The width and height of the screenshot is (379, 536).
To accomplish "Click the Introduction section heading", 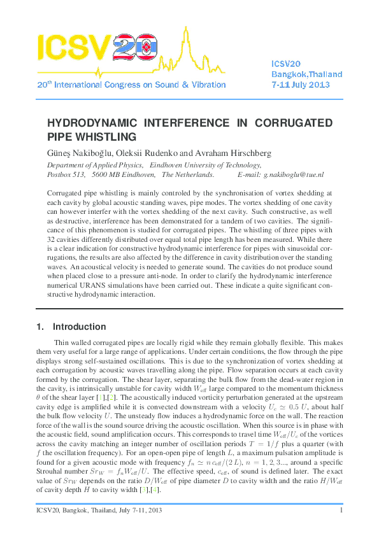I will pos(80,327).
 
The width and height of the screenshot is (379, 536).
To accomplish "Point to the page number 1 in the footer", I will pos(342,510).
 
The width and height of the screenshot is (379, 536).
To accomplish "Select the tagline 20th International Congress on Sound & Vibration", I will pos(131,84).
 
